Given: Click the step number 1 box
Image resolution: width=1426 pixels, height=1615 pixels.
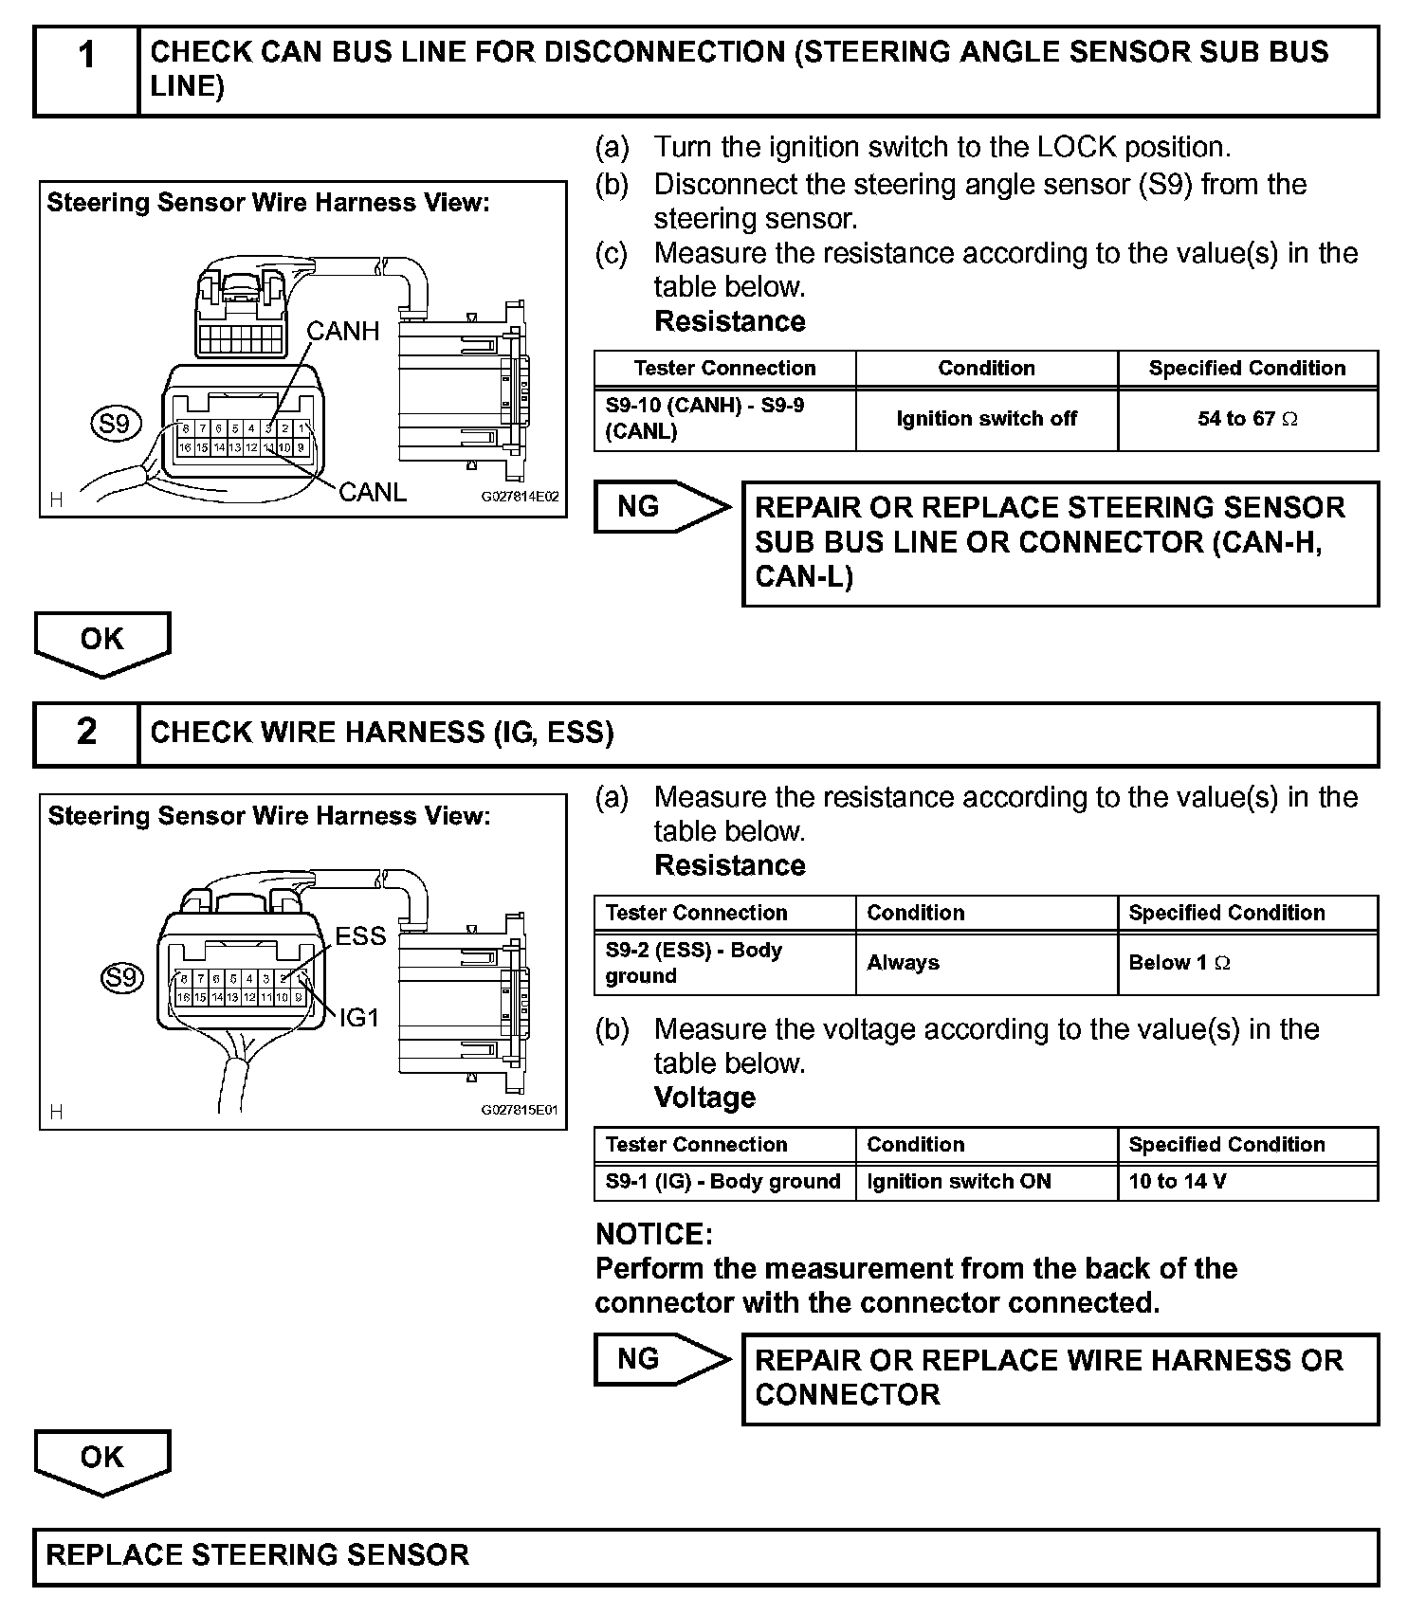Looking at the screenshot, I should (86, 71).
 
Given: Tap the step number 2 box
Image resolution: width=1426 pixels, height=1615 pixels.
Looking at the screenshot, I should (86, 733).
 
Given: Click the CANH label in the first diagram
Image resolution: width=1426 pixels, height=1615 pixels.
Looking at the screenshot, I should (342, 331).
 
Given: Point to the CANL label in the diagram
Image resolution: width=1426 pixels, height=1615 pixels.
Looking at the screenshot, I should (372, 492).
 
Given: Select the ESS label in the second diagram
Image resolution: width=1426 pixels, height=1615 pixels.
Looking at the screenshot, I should (360, 936).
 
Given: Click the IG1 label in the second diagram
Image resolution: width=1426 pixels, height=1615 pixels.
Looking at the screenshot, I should (359, 1018).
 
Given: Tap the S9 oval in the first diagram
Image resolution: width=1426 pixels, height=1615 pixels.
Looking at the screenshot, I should (115, 423).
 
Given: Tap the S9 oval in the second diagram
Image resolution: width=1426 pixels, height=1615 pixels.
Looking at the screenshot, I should (122, 977).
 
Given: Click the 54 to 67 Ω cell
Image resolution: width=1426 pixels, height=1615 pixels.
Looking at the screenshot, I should (1247, 419).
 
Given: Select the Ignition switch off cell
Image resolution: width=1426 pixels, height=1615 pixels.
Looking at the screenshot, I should (986, 419).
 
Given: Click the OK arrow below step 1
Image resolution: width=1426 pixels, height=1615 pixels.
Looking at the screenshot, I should (102, 642).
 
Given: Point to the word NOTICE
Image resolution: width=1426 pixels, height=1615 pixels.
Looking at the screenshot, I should (653, 1234).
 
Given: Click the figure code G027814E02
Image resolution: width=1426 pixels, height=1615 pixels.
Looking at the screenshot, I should (520, 497).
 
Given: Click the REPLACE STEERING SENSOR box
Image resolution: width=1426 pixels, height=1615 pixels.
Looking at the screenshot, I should (705, 1555).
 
